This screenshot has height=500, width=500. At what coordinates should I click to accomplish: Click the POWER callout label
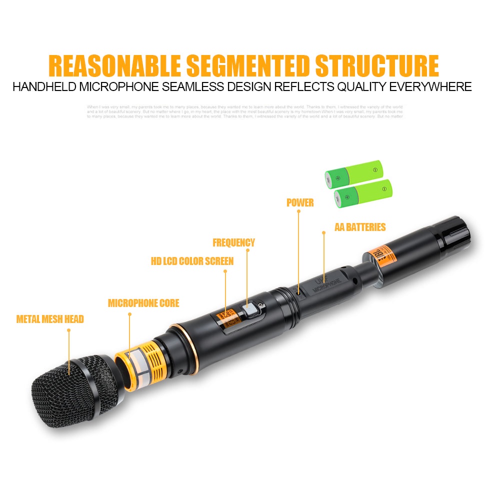pyautogui.click(x=300, y=202)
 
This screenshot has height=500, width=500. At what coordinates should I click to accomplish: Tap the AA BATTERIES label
pyautogui.click(x=360, y=227)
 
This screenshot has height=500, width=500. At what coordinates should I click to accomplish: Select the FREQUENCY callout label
pyautogui.click(x=233, y=243)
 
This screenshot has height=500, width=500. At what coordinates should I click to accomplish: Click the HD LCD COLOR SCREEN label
pyautogui.click(x=192, y=261)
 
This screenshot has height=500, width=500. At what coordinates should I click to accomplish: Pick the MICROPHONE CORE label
pyautogui.click(x=143, y=303)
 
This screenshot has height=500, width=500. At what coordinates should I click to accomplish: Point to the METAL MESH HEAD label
pyautogui.click(x=50, y=319)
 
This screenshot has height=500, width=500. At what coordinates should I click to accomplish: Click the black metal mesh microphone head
pyautogui.click(x=75, y=387)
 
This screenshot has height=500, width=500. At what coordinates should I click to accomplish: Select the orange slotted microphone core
pyautogui.click(x=140, y=360)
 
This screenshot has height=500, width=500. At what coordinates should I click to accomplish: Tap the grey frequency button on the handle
pyautogui.click(x=248, y=311)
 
